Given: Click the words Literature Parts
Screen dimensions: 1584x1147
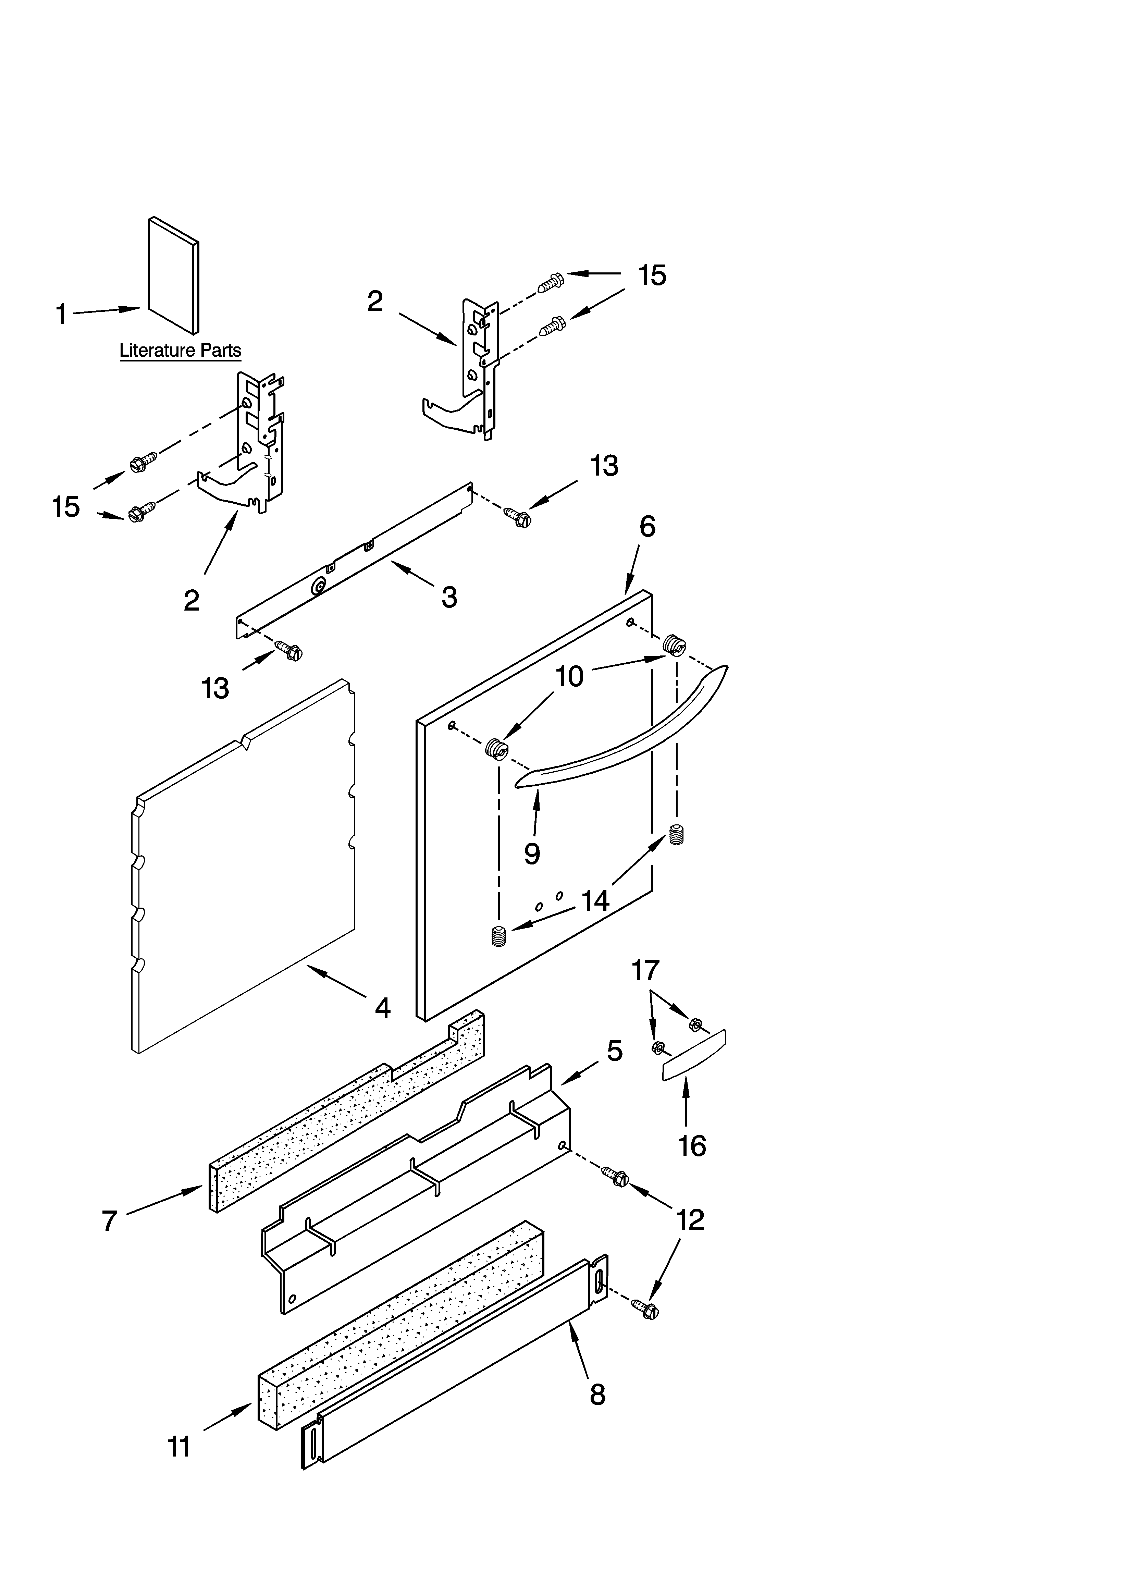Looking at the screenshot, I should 180,351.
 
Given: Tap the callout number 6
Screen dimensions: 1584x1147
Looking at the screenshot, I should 647,527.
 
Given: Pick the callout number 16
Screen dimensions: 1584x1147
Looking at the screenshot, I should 692,1146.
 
